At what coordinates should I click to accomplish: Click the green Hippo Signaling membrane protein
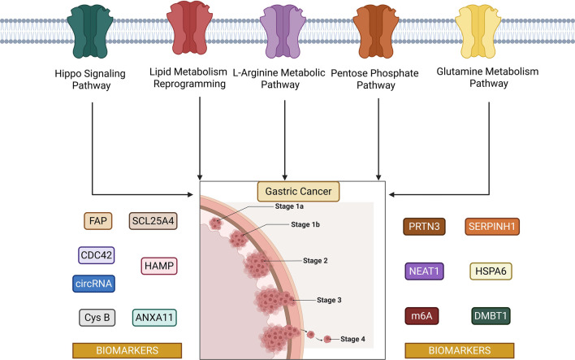[x=90, y=33]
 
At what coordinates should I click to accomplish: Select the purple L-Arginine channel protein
[x=283, y=33]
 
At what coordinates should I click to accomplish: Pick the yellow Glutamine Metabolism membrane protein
[x=478, y=33]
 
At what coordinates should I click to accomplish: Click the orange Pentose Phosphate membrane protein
[x=375, y=33]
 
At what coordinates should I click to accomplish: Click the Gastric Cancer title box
[x=298, y=191]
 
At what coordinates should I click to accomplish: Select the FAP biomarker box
[x=98, y=221]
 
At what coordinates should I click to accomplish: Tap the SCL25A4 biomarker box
[x=153, y=221]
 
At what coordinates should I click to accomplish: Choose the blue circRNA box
[x=93, y=284]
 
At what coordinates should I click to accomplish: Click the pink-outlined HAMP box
[x=159, y=266]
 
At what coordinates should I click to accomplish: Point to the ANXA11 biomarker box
[x=154, y=318]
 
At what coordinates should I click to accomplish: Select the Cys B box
[x=97, y=318]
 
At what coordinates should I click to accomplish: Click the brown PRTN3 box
[x=424, y=227]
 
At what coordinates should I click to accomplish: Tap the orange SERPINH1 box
[x=492, y=227]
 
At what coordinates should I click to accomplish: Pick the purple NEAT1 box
[x=424, y=271]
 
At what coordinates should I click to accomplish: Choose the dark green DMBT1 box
[x=491, y=316]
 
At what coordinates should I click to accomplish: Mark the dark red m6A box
[x=422, y=316]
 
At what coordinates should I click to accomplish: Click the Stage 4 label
[x=352, y=339]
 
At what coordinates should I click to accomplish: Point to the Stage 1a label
[x=289, y=206]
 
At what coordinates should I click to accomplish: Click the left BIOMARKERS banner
[x=127, y=350]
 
